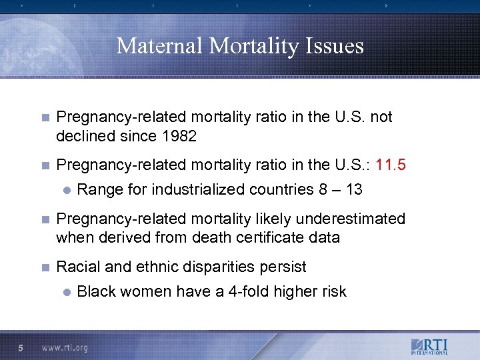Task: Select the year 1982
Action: point(177,136)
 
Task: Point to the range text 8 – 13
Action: point(340,189)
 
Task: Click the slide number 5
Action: point(21,347)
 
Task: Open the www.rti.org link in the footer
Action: point(65,347)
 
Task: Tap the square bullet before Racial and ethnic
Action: point(45,267)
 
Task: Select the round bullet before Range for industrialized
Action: point(66,190)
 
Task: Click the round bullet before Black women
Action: point(66,292)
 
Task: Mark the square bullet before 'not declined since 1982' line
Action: point(45,117)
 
